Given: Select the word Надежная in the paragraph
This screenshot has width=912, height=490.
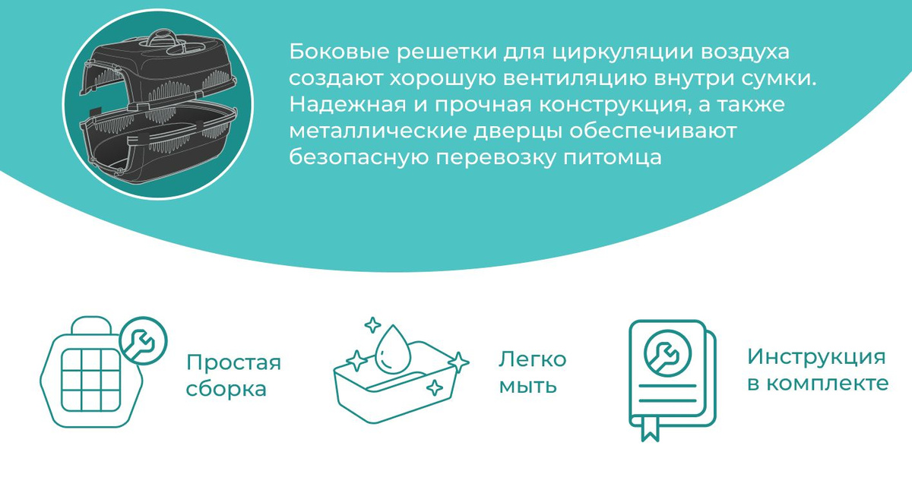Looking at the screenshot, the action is [x=348, y=105].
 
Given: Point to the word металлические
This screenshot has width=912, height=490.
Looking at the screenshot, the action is [x=378, y=131].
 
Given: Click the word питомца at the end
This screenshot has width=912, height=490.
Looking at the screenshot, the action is [x=613, y=158].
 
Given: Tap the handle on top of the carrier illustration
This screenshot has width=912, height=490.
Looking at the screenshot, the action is [x=162, y=39].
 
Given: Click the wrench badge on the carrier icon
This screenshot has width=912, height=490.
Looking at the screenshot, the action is [x=144, y=340].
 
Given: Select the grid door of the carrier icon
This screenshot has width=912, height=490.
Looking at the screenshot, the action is [x=91, y=380].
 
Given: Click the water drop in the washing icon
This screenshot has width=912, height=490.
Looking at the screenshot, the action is [x=392, y=349].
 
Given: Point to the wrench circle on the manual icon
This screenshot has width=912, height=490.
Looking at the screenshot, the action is [x=667, y=353].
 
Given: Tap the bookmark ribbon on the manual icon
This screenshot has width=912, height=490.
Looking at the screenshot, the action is [x=650, y=428].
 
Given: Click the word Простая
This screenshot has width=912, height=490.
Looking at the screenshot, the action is [x=234, y=362].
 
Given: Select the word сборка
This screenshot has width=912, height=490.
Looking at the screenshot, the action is [x=226, y=388].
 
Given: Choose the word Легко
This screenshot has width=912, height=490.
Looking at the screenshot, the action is [x=533, y=359].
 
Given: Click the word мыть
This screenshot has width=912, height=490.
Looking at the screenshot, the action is [x=528, y=386].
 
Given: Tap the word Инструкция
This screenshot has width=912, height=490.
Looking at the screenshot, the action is [x=817, y=357].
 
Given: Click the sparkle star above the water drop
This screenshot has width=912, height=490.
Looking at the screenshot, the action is [x=372, y=325].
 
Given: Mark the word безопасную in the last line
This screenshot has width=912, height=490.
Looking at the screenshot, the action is [x=359, y=158].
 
